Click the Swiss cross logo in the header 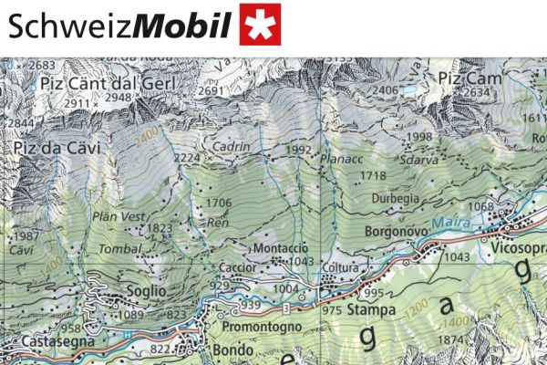point(260,25)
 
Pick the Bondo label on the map point(232,350)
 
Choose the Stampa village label point(371,310)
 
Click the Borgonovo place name point(397,233)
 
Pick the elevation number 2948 point(119,98)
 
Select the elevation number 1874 point(452,340)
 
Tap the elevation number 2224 point(187,158)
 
